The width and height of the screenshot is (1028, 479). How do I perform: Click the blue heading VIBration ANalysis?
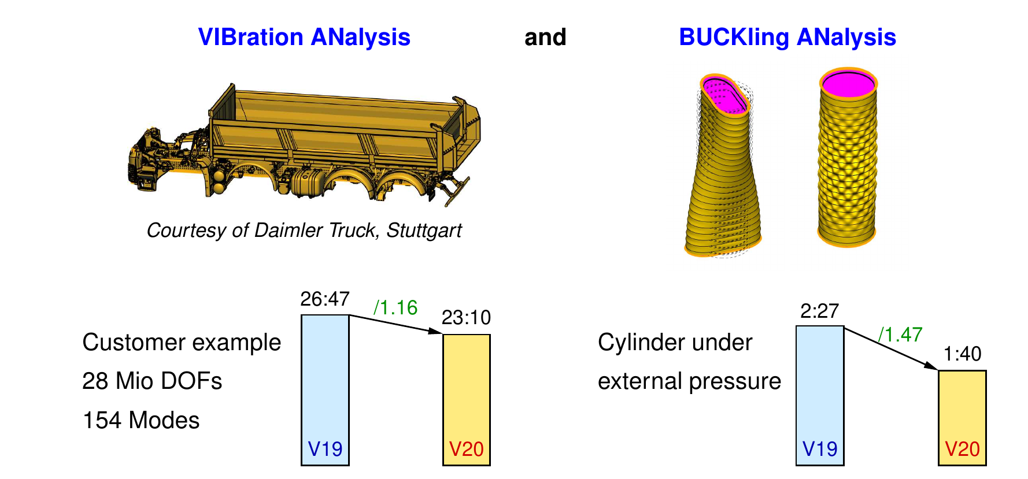pyautogui.click(x=304, y=37)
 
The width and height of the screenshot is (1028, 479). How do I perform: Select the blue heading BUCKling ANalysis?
pyautogui.click(x=787, y=38)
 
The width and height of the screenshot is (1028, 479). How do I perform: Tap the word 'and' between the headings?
pyautogui.click(x=545, y=38)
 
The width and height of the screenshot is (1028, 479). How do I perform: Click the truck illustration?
pyautogui.click(x=304, y=144)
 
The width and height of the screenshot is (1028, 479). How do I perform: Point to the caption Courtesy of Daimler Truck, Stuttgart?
pyautogui.click(x=304, y=231)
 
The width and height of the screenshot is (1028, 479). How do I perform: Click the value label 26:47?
pyautogui.click(x=325, y=299)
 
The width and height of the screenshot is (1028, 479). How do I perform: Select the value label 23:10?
pyautogui.click(x=466, y=318)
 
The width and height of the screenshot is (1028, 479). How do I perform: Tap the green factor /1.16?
pyautogui.click(x=395, y=307)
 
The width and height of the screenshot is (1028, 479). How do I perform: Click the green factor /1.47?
pyautogui.click(x=900, y=335)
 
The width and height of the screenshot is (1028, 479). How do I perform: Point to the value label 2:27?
pyautogui.click(x=820, y=311)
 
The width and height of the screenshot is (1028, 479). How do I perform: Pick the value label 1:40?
pyautogui.click(x=962, y=354)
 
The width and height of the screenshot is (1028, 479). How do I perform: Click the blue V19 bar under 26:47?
pyautogui.click(x=325, y=390)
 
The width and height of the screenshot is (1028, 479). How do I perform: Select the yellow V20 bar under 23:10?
pyautogui.click(x=467, y=400)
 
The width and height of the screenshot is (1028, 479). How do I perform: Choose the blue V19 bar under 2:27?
pyautogui.click(x=820, y=396)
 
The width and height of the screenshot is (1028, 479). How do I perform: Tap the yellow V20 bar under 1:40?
pyautogui.click(x=962, y=418)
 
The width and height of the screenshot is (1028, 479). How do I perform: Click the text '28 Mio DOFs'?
pyautogui.click(x=152, y=381)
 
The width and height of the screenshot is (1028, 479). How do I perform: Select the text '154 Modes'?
pyautogui.click(x=141, y=421)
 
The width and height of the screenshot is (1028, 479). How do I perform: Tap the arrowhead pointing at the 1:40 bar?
pyautogui.click(x=931, y=366)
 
